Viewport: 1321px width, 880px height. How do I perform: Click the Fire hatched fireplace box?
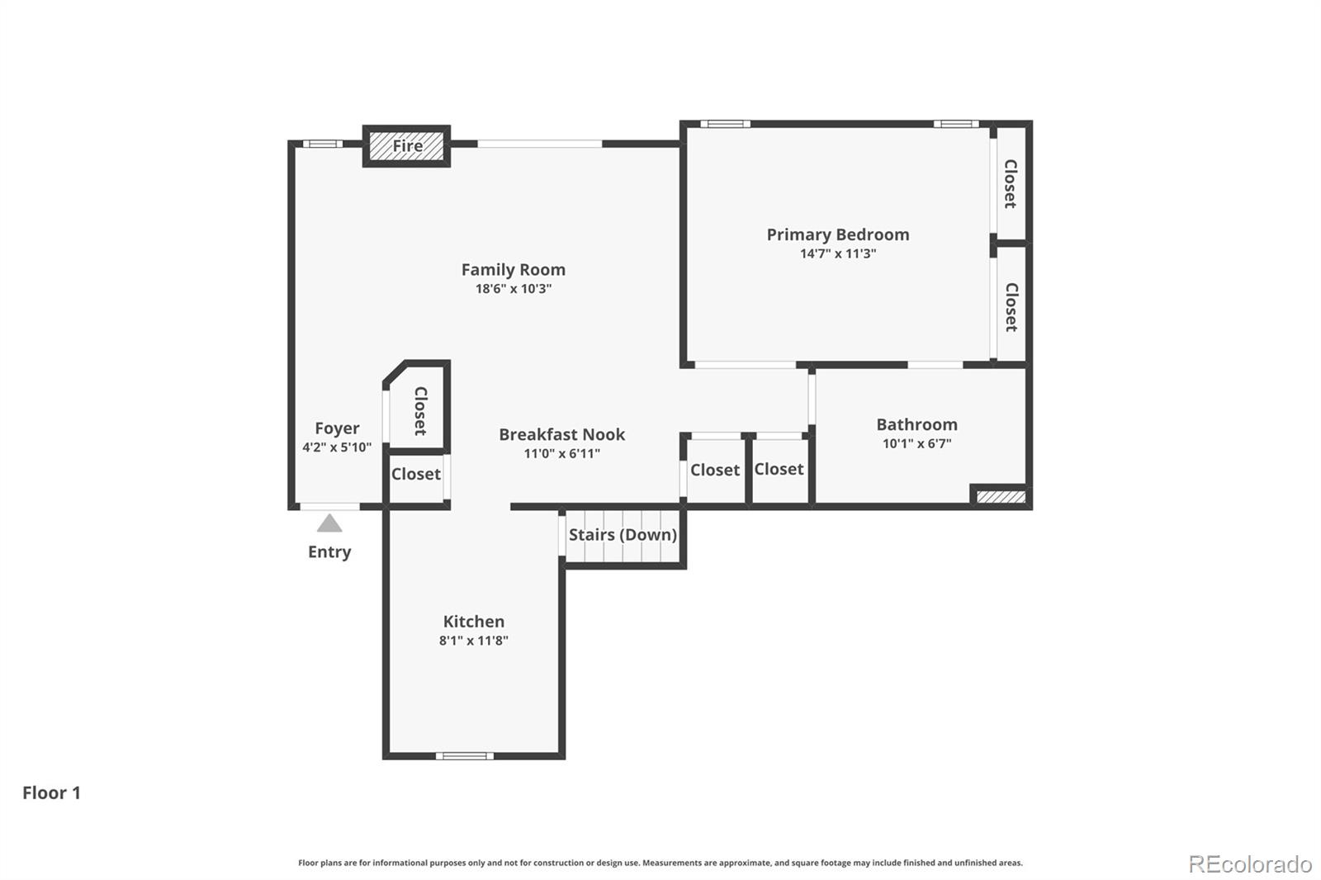(x=407, y=146)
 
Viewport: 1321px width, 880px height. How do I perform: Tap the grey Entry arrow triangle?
(x=329, y=523)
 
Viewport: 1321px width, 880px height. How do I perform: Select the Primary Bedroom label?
(x=837, y=234)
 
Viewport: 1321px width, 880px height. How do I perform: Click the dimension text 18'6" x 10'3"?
(x=513, y=289)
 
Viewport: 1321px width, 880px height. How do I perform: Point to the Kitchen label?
(x=473, y=622)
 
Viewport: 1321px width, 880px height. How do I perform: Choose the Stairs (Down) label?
(x=623, y=535)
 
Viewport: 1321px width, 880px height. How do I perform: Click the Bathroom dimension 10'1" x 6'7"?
(x=916, y=443)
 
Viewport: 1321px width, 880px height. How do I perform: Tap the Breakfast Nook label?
(x=561, y=434)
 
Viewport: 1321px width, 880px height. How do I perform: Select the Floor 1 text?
(x=51, y=792)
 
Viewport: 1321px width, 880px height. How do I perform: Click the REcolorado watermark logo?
(x=1250, y=863)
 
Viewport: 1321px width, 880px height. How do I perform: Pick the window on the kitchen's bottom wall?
(x=464, y=755)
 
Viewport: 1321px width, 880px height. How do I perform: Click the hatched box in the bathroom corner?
(x=1001, y=496)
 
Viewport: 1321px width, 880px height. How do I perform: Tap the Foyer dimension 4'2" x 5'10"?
(x=337, y=447)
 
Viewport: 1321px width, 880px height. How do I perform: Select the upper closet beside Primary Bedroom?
(x=1010, y=183)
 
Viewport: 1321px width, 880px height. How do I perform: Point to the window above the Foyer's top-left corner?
(x=321, y=144)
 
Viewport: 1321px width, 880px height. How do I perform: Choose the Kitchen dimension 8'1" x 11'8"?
(x=473, y=641)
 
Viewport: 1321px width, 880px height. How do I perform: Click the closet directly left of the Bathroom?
(x=779, y=469)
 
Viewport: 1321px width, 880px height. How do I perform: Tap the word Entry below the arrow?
(x=329, y=551)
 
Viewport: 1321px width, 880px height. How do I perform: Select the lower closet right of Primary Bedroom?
(x=1011, y=306)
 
